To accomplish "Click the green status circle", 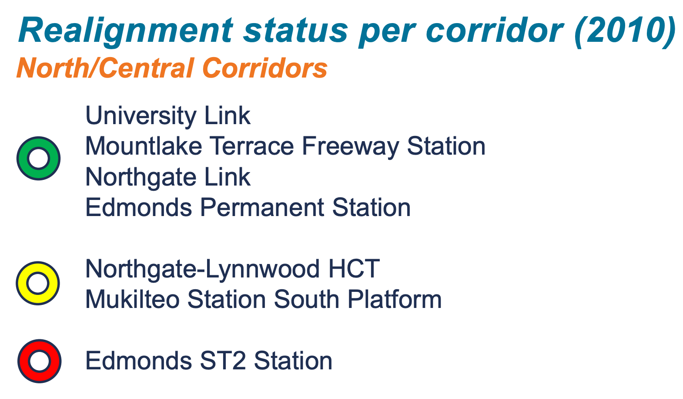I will (x=38, y=158).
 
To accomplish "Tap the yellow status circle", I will (x=37, y=283).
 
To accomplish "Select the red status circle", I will (x=39, y=361).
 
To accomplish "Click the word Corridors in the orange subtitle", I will (x=265, y=69).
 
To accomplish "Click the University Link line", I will (x=167, y=116).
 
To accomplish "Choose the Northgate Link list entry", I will (x=167, y=177).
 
